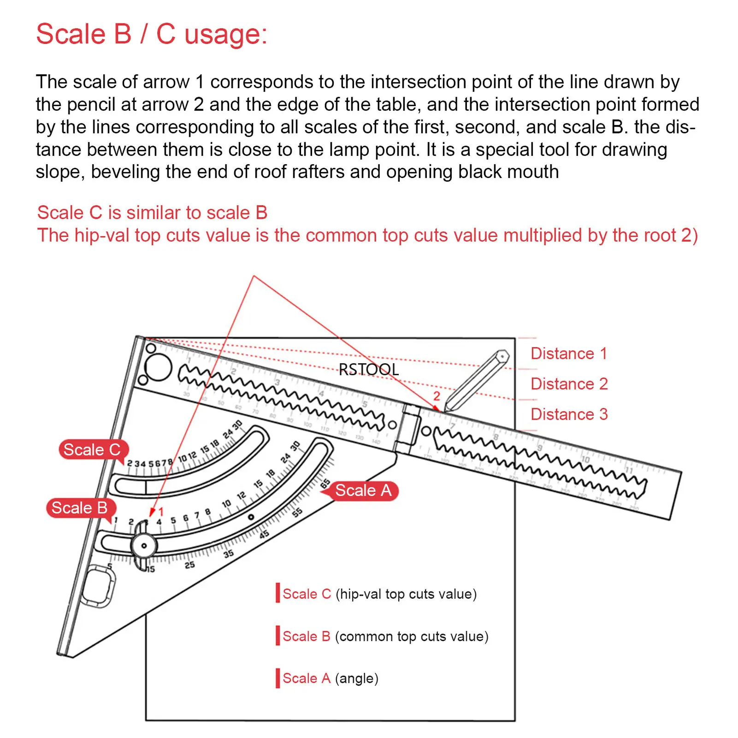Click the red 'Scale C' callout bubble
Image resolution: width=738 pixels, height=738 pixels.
point(92,449)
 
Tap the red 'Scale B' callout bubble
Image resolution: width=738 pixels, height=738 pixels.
point(79,508)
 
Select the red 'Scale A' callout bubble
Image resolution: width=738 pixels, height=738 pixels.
point(363,490)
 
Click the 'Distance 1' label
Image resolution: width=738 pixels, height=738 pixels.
point(568,354)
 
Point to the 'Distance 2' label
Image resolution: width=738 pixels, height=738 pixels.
point(569,384)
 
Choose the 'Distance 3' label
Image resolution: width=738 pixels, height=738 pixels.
point(569,414)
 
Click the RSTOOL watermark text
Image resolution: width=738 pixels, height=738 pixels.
point(368,369)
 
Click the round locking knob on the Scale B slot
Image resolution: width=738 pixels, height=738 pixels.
point(144,546)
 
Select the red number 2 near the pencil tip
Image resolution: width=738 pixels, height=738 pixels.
point(437,396)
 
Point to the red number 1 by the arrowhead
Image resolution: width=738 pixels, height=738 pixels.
point(161,512)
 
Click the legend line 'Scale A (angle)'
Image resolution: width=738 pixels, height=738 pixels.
point(330,679)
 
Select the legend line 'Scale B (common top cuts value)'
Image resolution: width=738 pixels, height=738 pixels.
point(385,637)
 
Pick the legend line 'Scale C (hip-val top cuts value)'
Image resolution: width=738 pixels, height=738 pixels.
point(379,594)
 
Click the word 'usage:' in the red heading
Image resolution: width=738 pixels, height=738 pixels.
point(225,35)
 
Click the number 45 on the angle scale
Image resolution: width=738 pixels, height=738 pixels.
point(264,535)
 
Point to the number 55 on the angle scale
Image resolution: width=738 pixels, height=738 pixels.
point(297,512)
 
